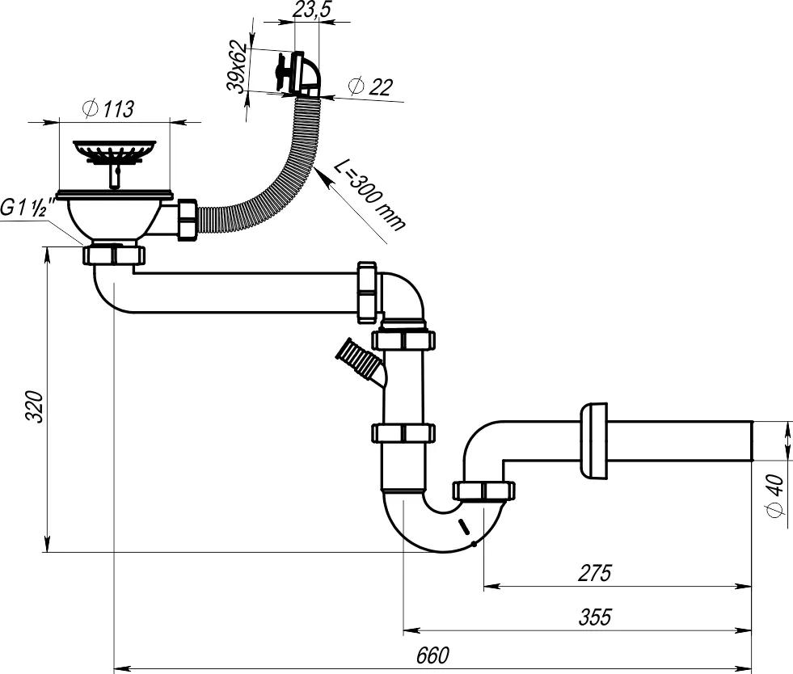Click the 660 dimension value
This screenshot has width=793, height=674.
[432, 655]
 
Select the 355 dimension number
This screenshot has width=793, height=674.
[595, 617]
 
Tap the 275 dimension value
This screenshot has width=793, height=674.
[595, 573]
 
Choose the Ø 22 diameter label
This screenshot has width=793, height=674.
[370, 86]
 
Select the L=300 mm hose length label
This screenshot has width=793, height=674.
[370, 196]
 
